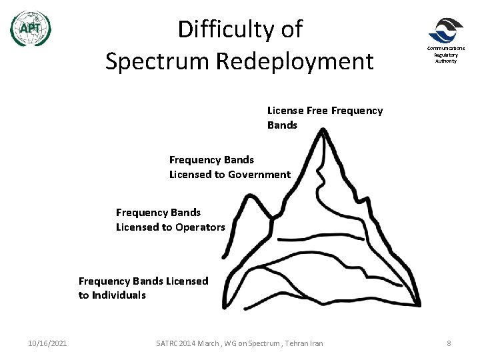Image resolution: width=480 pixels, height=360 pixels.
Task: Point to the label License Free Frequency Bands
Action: pyautogui.click(x=325, y=117)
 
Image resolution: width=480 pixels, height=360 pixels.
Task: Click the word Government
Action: pyautogui.click(x=259, y=175)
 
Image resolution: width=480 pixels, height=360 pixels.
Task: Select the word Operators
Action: pyautogui.click(x=199, y=227)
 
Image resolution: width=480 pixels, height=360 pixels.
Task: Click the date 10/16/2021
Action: pyautogui.click(x=47, y=343)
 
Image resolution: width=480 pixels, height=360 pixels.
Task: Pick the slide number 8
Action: pyautogui.click(x=449, y=343)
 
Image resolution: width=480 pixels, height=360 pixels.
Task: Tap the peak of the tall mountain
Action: pyautogui.click(x=323, y=131)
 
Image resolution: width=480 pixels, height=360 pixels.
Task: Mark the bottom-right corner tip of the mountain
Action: pyautogui.click(x=419, y=305)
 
